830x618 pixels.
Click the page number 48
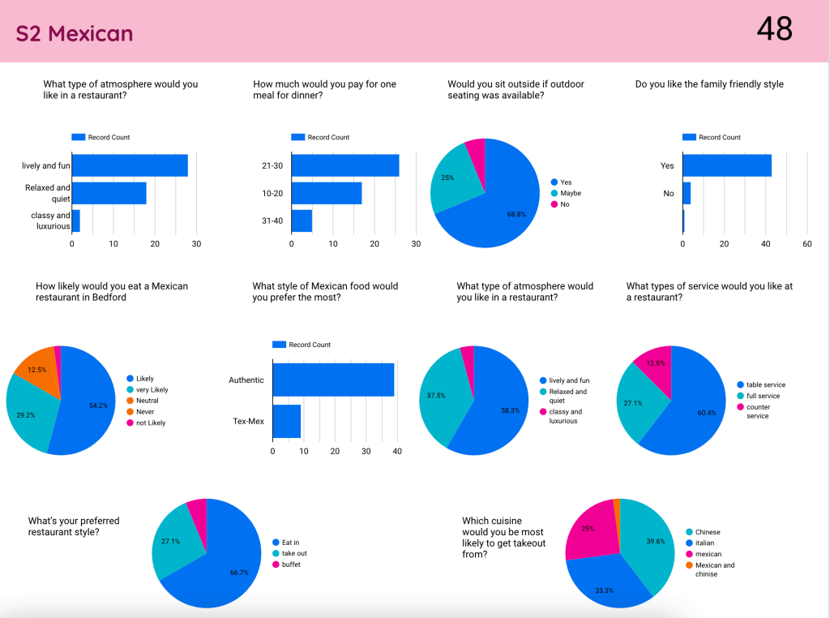tap(774, 29)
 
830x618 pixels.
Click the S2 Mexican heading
tap(75, 33)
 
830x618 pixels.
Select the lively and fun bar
tap(130, 165)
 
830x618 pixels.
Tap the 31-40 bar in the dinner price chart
tap(302, 221)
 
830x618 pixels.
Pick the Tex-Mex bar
tap(286, 421)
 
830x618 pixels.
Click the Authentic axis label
tap(246, 380)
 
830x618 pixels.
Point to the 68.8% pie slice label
tap(516, 237)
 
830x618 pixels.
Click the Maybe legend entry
tap(570, 193)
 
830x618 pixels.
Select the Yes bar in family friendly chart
tap(727, 165)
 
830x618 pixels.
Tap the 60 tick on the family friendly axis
tap(806, 243)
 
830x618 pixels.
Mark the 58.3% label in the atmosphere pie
tap(511, 411)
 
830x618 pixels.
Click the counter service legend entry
tap(759, 411)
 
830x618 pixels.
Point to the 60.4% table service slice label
tap(706, 413)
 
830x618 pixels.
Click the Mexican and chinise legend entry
tap(714, 569)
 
